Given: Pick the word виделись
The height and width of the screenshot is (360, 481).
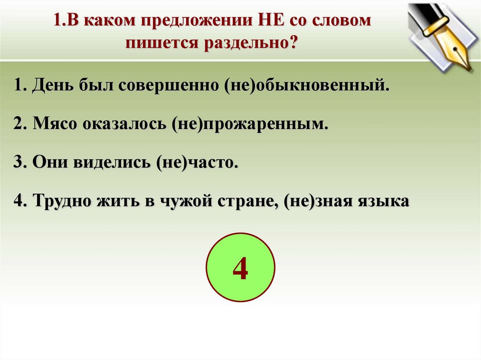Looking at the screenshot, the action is (x=112, y=162).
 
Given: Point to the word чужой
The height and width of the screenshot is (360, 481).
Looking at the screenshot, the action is (x=186, y=201).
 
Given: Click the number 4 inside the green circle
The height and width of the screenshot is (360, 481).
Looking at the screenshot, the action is (x=240, y=268).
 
